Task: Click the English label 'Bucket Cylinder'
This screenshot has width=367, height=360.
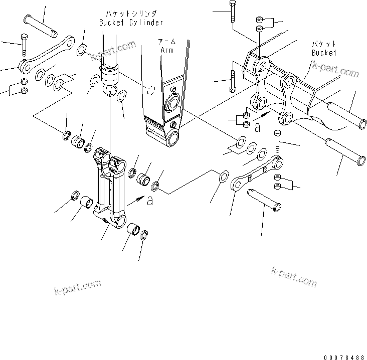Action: pyautogui.click(x=131, y=23)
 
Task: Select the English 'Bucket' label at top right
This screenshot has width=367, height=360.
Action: pyautogui.click(x=324, y=52)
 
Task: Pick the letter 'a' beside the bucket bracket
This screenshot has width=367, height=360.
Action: pyautogui.click(x=257, y=127)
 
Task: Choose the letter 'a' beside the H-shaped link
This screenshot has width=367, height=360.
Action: pyautogui.click(x=149, y=201)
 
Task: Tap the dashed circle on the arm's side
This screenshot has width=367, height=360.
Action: pyautogui.click(x=164, y=90)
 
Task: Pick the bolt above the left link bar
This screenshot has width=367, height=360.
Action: pyautogui.click(x=23, y=44)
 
